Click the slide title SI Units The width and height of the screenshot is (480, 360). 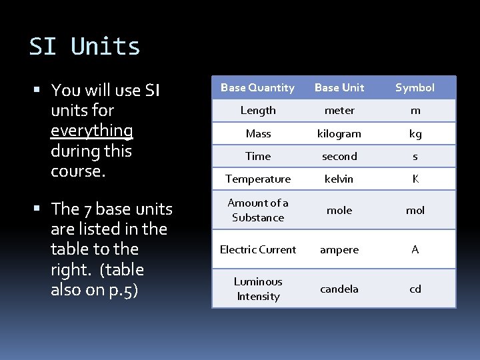(x=85, y=47)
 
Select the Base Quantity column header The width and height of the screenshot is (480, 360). (x=257, y=88)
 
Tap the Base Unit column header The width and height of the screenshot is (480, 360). (x=339, y=88)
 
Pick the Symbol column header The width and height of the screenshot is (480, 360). (x=415, y=88)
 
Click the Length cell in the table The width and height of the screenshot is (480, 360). (x=258, y=111)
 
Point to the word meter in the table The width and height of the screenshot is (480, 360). (x=339, y=111)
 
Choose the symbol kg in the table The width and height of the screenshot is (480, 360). (x=415, y=134)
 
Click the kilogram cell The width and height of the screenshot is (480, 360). (x=339, y=134)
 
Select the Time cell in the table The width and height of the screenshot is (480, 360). (x=258, y=157)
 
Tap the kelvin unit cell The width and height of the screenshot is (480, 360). (x=339, y=179)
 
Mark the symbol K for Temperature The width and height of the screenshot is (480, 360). (x=415, y=179)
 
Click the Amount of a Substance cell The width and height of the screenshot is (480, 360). (x=258, y=211)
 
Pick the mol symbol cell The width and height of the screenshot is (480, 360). (x=415, y=211)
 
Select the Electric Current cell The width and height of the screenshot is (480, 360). (x=258, y=250)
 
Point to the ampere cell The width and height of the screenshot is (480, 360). (x=339, y=250)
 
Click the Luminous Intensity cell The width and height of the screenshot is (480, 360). (x=258, y=289)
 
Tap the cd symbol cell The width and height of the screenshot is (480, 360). (x=415, y=289)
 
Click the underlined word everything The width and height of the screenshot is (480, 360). (x=92, y=131)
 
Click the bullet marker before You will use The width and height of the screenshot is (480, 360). (x=41, y=90)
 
